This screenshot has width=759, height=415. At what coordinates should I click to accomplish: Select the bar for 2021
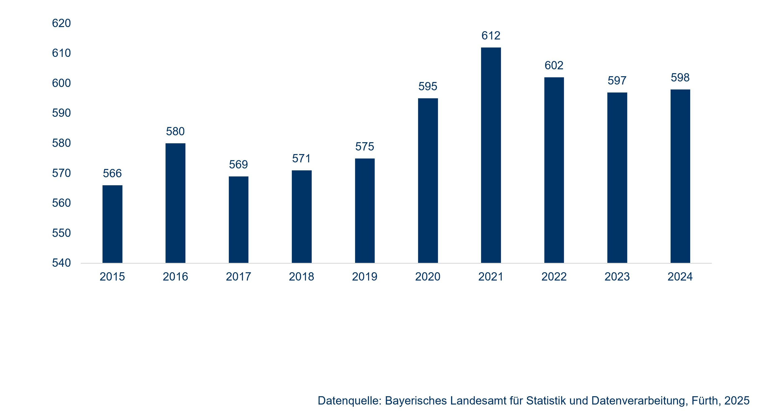click(x=491, y=155)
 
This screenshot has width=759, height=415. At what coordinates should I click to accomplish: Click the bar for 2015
click(x=112, y=224)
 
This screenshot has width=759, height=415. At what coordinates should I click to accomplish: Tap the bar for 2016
click(x=175, y=203)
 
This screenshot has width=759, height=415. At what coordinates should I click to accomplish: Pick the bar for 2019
click(x=365, y=211)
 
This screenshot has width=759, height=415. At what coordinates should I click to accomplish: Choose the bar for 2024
click(x=680, y=176)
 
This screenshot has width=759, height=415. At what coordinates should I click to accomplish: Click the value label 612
click(x=491, y=36)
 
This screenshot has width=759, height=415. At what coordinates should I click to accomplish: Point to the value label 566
click(x=112, y=173)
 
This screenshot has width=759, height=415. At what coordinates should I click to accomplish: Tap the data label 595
click(x=428, y=86)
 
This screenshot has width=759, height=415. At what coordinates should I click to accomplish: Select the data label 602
click(x=554, y=65)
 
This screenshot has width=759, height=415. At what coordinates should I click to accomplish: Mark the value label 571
click(x=301, y=158)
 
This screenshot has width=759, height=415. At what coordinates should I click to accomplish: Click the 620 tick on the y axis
click(x=61, y=23)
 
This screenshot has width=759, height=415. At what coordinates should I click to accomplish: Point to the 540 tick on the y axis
click(x=61, y=263)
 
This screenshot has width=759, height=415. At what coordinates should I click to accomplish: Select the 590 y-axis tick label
click(x=61, y=113)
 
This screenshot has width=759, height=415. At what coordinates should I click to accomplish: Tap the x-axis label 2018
click(x=301, y=277)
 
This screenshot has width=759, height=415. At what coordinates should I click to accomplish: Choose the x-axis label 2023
click(x=617, y=277)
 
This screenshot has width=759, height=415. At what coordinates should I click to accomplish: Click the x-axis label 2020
click(x=428, y=277)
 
